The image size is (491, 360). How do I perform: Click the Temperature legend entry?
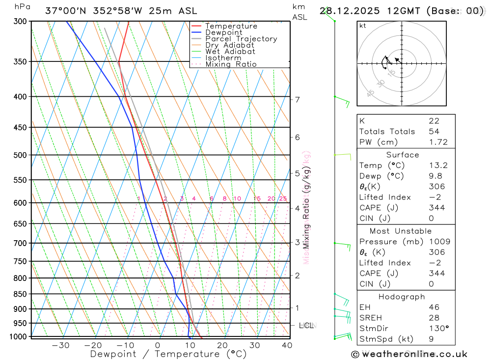[231, 26]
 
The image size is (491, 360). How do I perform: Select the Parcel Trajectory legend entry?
[241, 39]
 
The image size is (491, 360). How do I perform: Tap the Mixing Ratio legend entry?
[231, 64]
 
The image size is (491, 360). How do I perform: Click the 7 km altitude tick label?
[298, 100]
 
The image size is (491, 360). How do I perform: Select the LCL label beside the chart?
[306, 325]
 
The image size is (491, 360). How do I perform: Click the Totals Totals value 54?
[434, 132]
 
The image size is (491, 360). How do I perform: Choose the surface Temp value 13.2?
[438, 166]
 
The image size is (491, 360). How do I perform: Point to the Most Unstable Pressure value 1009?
[438, 242]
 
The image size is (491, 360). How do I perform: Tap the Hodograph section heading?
[402, 297]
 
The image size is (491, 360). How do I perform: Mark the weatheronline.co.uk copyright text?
[409, 354]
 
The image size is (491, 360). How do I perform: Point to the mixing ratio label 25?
[283, 199]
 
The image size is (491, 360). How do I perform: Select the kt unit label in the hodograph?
[362, 26]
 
